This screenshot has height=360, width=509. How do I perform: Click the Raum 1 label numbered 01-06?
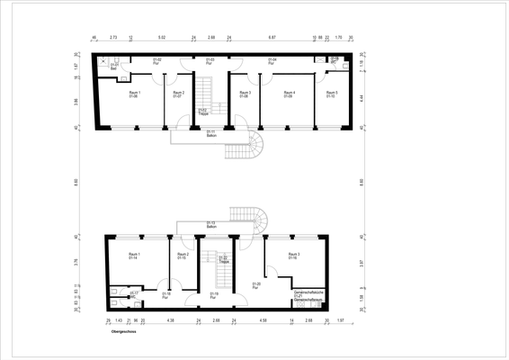click(x=134, y=94)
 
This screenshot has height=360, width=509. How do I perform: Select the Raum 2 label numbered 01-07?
click(x=178, y=94)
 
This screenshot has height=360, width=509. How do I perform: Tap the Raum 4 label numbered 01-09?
click(x=290, y=94)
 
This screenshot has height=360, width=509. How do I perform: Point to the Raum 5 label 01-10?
click(x=332, y=94)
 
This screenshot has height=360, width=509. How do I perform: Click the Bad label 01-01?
click(x=114, y=66)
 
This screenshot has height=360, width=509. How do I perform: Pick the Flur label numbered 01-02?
click(x=156, y=62)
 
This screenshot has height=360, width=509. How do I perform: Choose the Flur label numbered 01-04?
click(x=272, y=62)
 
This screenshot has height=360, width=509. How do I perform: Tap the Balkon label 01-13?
click(x=211, y=224)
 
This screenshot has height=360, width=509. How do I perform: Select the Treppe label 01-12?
click(x=203, y=111)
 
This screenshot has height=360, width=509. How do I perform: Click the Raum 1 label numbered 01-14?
click(x=133, y=256)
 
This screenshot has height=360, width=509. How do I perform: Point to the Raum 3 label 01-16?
click(x=293, y=256)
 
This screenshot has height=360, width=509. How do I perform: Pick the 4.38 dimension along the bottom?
click(x=170, y=319)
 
